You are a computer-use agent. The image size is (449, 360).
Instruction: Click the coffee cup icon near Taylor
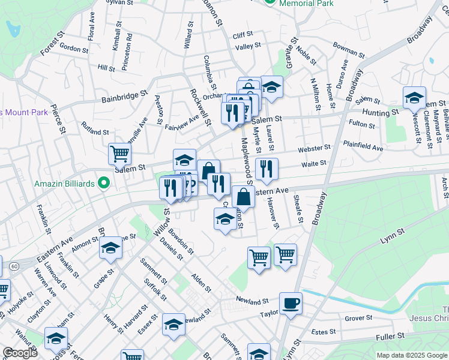coord(291,303)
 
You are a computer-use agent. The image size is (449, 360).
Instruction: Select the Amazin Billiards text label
coord(67,183)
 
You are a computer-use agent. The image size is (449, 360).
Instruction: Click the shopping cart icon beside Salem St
coord(119,154)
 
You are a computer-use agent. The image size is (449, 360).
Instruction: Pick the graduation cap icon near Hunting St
coord(414,97)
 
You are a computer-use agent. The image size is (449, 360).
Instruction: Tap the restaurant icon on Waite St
coord(267,169)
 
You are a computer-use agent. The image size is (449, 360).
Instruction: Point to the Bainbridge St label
coord(124,95)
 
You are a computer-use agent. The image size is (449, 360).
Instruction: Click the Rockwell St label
coord(201,107)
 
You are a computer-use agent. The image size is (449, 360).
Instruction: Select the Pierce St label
coord(58,118)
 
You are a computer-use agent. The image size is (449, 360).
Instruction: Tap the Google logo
coord(20,353)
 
